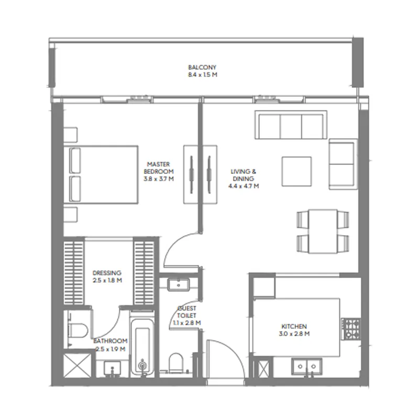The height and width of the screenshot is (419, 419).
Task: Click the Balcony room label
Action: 202,68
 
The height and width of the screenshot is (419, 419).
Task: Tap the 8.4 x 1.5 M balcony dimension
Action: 203,75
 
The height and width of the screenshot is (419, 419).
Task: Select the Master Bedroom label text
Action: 159,168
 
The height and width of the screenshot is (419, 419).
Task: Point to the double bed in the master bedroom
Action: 101,175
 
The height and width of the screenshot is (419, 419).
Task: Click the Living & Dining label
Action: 243,175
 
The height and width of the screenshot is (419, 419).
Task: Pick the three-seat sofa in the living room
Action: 291,125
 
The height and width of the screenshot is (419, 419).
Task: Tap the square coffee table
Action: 296,172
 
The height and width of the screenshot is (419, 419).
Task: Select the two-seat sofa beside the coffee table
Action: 343,164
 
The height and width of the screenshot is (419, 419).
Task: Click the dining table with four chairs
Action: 323,231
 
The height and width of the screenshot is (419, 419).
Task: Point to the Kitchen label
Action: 294,326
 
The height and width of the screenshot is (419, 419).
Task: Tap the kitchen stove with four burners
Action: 351,329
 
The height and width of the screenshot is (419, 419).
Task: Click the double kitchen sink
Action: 307,367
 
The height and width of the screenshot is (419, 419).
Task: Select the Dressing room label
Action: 107,273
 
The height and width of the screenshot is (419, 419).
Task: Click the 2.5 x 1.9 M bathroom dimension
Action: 111,349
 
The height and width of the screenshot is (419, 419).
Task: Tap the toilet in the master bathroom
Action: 78,330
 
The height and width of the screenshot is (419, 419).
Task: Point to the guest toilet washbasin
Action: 179,285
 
